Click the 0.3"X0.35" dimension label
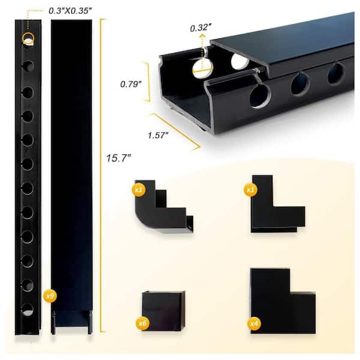(70, 11)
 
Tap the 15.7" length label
(118, 158)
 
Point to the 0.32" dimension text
(200, 28)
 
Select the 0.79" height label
(131, 84)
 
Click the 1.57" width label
(158, 135)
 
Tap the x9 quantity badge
(50, 296)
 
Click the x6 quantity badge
(142, 323)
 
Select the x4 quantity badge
(254, 323)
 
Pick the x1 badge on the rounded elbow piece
(139, 190)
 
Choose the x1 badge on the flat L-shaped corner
(250, 190)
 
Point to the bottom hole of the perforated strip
(28, 309)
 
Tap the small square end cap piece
(163, 311)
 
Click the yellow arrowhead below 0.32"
(202, 35)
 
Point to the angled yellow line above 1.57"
(176, 131)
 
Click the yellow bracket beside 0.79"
(148, 82)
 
